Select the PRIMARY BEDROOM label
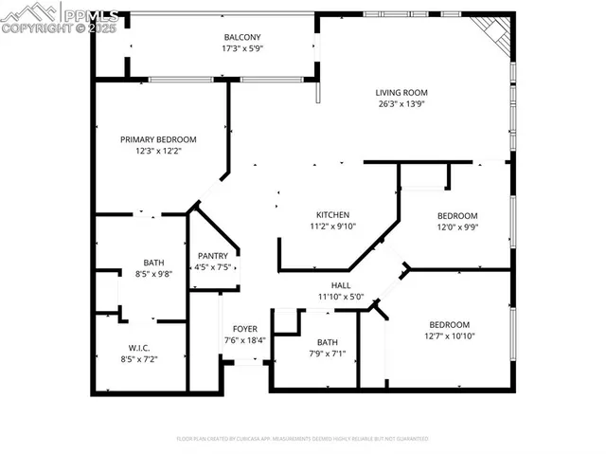[157, 139]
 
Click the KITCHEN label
[332, 214]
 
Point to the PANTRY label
[211, 256]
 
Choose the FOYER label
[244, 329]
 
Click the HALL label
[340, 284]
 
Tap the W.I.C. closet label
[138, 348]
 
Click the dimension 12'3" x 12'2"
[157, 151]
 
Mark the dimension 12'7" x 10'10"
[449, 336]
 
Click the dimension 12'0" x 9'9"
[456, 227]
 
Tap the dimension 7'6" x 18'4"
[244, 340]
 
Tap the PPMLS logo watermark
[61, 19]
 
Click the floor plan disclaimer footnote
[302, 439]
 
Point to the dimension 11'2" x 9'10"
[332, 226]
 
